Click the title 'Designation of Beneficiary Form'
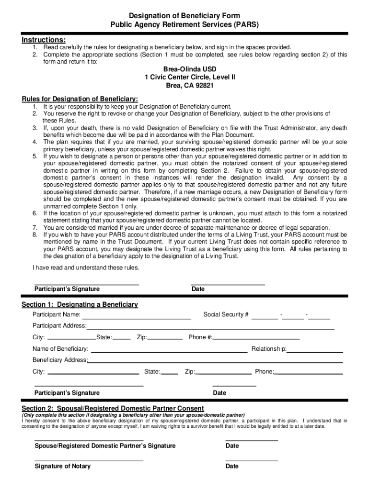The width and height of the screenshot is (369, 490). pyautogui.click(x=184, y=16)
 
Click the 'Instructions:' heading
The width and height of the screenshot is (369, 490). pyautogui.click(x=44, y=39)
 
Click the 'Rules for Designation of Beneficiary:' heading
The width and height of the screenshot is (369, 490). pyautogui.click(x=80, y=99)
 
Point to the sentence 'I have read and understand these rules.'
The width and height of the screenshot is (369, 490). pyautogui.click(x=85, y=267)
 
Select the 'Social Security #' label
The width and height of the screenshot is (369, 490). pyautogui.click(x=226, y=315)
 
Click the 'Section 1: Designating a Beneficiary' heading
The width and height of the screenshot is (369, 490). pyautogui.click(x=80, y=304)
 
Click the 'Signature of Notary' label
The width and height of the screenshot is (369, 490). pyautogui.click(x=62, y=466)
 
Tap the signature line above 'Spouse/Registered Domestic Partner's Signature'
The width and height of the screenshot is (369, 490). pyautogui.click(x=89, y=439)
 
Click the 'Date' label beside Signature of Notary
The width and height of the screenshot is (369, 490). pyautogui.click(x=232, y=466)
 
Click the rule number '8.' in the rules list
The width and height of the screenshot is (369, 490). pyautogui.click(x=35, y=235)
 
